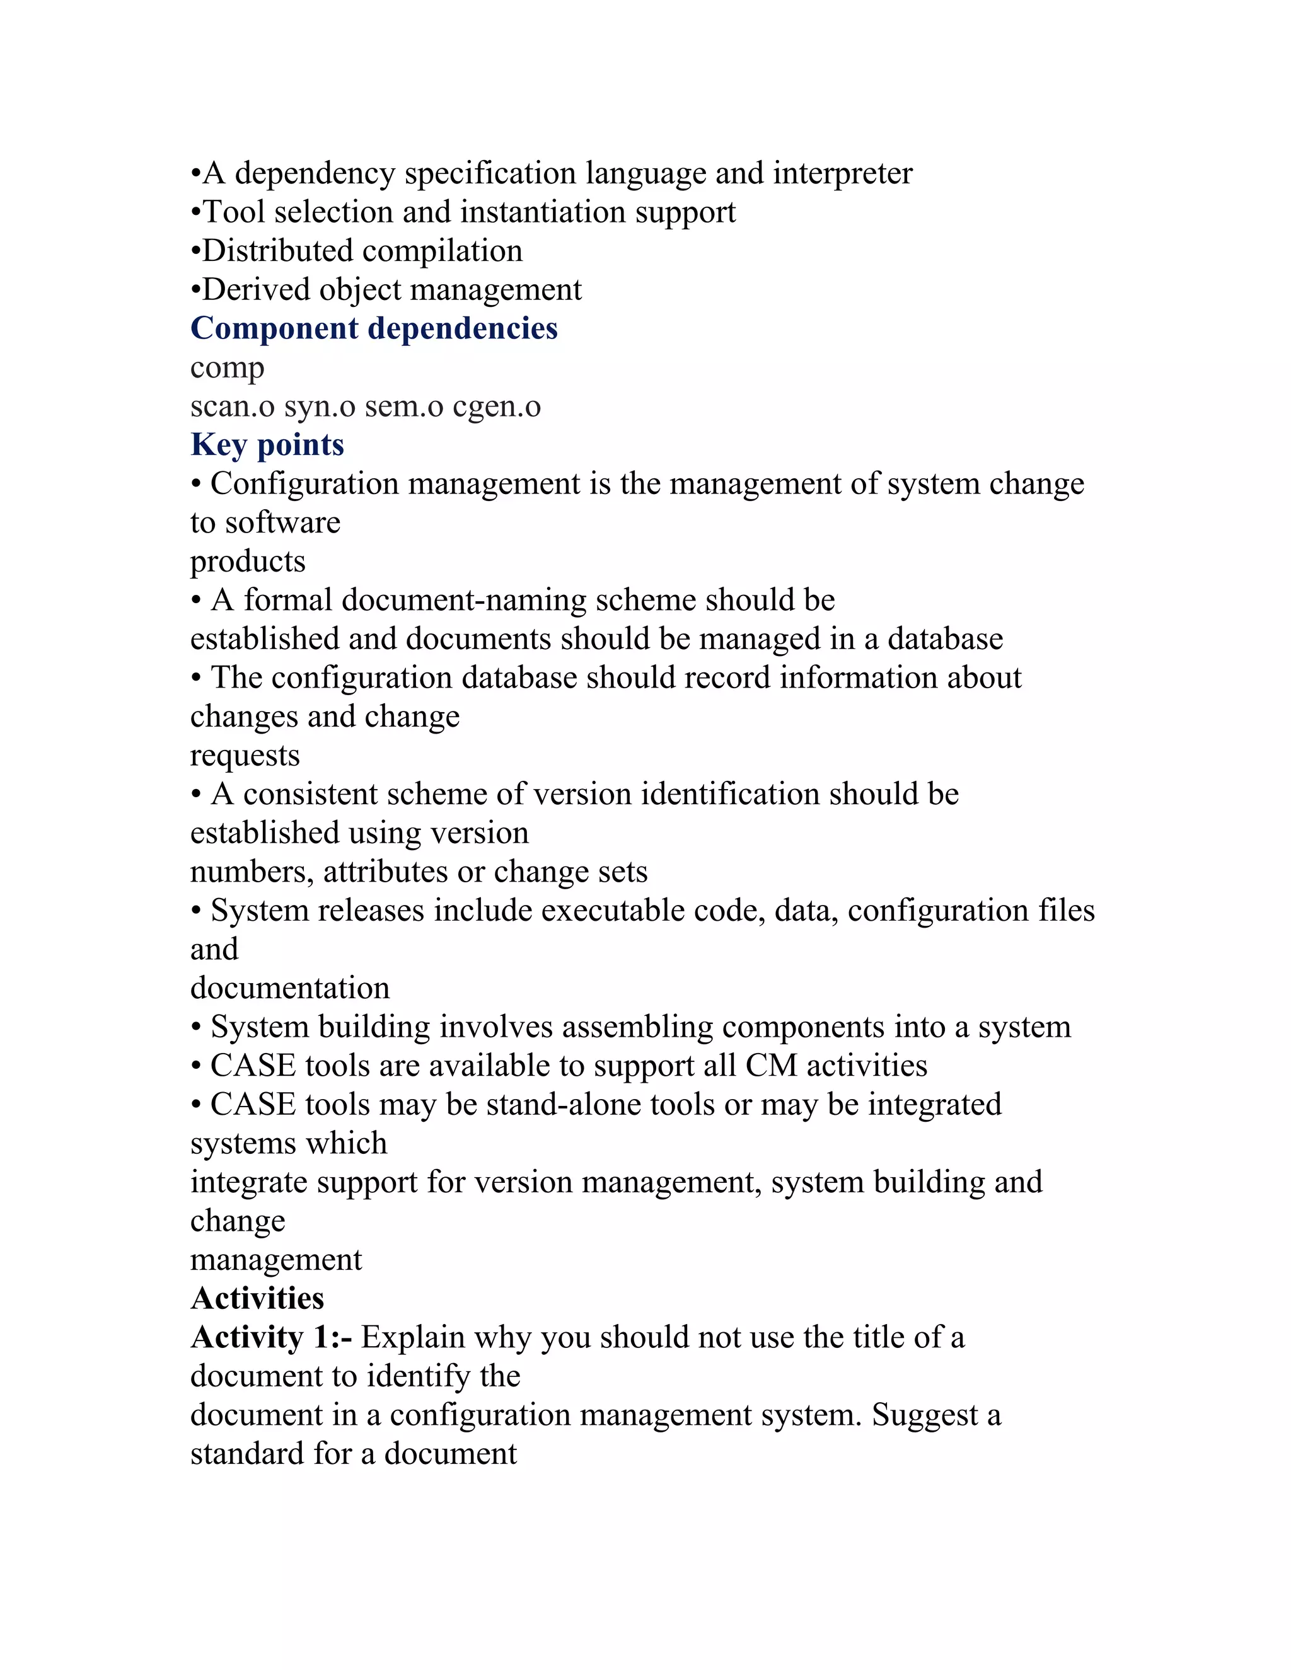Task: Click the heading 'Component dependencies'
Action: [x=374, y=329]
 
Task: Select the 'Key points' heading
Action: [x=267, y=445]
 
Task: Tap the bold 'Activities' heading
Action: [x=257, y=1298]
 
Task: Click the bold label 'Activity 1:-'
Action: [x=270, y=1337]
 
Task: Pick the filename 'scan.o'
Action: [x=232, y=407]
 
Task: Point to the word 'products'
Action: [x=248, y=563]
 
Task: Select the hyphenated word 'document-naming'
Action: [x=463, y=601]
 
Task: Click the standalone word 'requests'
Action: [x=245, y=757]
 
